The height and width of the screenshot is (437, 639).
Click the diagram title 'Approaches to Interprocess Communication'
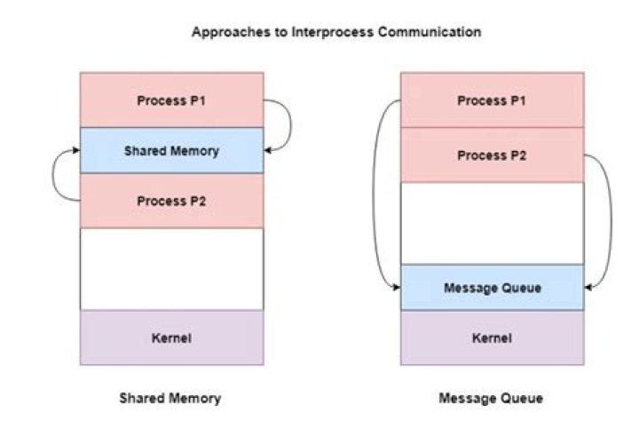click(336, 32)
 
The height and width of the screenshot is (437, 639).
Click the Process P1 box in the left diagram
click(171, 100)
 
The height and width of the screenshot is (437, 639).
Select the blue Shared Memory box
click(171, 151)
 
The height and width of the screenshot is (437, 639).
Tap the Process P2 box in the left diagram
click(171, 201)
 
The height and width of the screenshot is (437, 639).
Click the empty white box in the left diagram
click(171, 269)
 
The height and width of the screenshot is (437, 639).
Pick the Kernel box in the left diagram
click(171, 338)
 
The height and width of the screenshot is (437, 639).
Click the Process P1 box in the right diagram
click(493, 100)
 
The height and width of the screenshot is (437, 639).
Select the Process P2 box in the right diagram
click(493, 155)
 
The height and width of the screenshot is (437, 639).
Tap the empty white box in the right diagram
click(493, 224)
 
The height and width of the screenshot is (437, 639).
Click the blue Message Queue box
click(493, 288)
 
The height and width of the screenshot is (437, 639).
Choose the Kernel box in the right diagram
click(493, 338)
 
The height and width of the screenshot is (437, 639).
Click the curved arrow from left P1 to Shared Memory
click(291, 125)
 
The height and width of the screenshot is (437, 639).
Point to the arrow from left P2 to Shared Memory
click(52, 176)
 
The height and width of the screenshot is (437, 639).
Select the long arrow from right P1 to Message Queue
click(373, 194)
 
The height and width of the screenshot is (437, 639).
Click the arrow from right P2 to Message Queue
click(611, 220)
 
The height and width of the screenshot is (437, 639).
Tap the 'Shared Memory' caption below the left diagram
click(170, 398)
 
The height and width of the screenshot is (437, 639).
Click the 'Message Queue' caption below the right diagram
click(491, 398)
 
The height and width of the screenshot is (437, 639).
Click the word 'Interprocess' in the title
click(333, 32)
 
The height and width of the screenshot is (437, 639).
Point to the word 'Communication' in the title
click(430, 32)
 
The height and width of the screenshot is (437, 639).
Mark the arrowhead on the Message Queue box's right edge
click(588, 288)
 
